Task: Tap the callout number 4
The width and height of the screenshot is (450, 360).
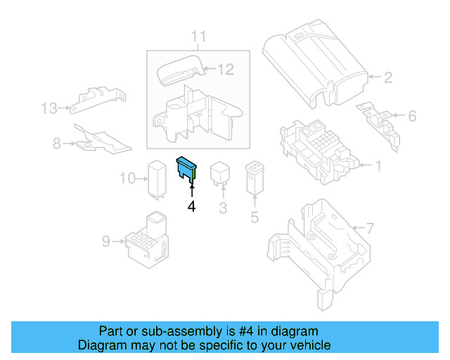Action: coord(191,207)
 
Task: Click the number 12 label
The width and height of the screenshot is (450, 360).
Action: coord(225,69)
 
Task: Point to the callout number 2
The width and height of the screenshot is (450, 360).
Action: coord(388,78)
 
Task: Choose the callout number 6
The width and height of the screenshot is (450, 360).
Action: coord(412,115)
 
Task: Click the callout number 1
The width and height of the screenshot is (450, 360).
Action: coord(378,167)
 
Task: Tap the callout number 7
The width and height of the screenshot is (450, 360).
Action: coord(371,228)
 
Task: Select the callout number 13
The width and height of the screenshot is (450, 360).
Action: coord(48,108)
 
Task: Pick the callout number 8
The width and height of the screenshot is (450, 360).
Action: coord(56,143)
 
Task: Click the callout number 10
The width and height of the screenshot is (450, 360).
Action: coord(127,179)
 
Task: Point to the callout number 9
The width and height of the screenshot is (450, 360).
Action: coord(106,241)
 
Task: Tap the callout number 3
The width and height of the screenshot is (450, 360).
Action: coord(223,207)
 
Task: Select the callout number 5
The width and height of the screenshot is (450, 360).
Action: coord(255,217)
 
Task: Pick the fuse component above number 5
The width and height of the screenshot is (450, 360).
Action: coord(254,179)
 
